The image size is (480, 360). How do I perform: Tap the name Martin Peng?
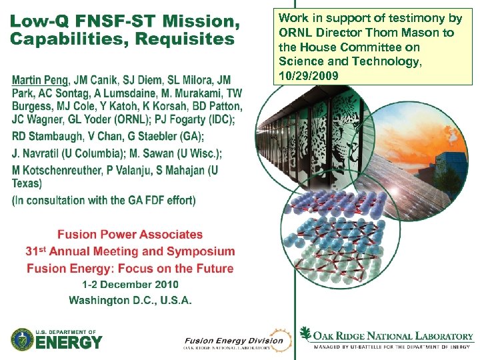click(41, 81)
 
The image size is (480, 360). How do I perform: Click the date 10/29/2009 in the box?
click(309, 75)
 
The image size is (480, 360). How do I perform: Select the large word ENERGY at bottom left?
click(69, 343)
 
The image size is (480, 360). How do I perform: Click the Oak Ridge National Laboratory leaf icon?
click(306, 333)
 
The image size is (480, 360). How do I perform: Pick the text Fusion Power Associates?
click(130, 235)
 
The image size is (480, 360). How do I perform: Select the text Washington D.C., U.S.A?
click(130, 300)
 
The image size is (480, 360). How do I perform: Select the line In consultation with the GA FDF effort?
click(104, 200)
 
